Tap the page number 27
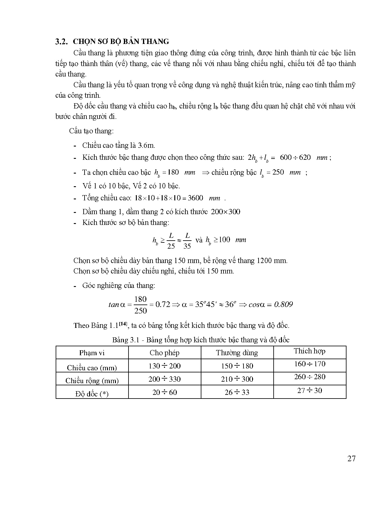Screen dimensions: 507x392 351,459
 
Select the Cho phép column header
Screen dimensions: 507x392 164,353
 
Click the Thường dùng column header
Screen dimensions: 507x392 237,353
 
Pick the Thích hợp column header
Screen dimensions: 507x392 309,351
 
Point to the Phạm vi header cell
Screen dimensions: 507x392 92,353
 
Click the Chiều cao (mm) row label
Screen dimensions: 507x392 92,367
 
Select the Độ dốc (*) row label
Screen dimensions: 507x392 92,394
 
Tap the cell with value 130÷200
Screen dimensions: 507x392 164,366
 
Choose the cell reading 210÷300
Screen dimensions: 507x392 237,379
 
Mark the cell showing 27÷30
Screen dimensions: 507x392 309,391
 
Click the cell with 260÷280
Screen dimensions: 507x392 309,377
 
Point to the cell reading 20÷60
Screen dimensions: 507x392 164,392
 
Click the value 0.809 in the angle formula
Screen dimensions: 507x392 283,305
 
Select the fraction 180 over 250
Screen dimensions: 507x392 141,305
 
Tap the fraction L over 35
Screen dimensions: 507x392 187,241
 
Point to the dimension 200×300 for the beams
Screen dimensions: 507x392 226,212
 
